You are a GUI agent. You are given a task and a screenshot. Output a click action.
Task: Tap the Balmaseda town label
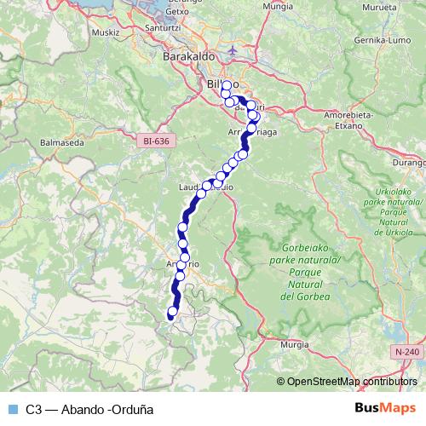pos(61,143)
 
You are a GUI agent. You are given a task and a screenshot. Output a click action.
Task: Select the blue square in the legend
pos(11,409)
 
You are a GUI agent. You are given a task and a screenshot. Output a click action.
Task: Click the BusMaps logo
pos(384,408)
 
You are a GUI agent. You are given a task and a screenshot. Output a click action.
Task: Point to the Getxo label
pos(201,12)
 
